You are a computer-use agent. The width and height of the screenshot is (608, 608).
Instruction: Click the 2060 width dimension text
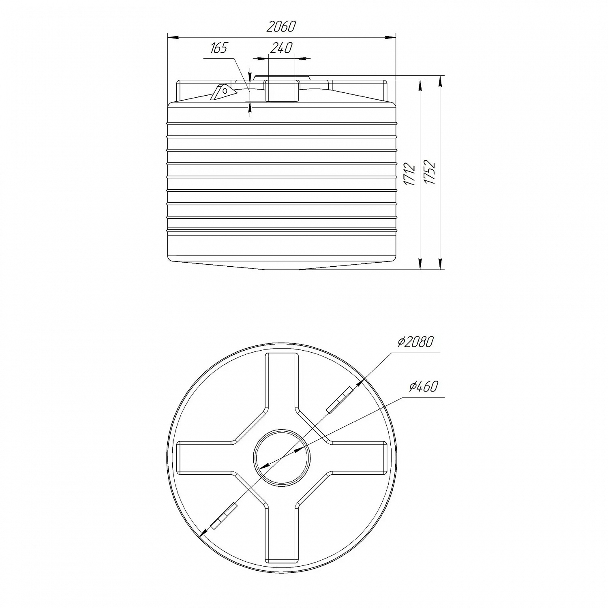click(281, 27)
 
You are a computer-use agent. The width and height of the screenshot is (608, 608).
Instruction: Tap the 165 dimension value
click(219, 48)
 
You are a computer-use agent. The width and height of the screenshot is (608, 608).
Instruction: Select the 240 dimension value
click(281, 48)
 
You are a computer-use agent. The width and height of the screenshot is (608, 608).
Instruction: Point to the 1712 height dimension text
click(410, 174)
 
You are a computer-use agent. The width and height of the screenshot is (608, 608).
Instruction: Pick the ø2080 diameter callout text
click(415, 342)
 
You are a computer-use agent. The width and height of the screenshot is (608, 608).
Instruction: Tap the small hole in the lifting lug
click(224, 91)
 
